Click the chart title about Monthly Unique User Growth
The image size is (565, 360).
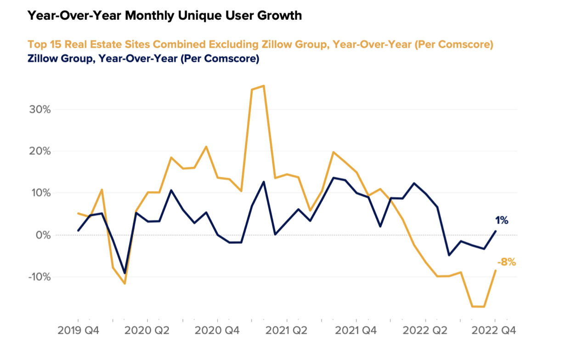click(164, 16)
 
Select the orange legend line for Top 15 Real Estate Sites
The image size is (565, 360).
click(260, 45)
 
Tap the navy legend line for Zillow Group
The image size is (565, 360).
click(143, 59)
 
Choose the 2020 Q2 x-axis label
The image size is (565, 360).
click(147, 331)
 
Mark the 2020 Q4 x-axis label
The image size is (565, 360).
click(217, 331)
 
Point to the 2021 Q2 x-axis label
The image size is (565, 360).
click(287, 331)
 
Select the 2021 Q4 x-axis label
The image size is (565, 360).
click(356, 331)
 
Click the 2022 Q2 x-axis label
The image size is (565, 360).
click(426, 331)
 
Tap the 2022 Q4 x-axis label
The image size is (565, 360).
click(495, 331)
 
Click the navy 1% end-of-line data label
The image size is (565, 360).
click(501, 220)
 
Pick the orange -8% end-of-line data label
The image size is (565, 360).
click(507, 263)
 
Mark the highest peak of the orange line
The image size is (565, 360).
click(263, 86)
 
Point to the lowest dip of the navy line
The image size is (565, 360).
click(124, 273)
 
